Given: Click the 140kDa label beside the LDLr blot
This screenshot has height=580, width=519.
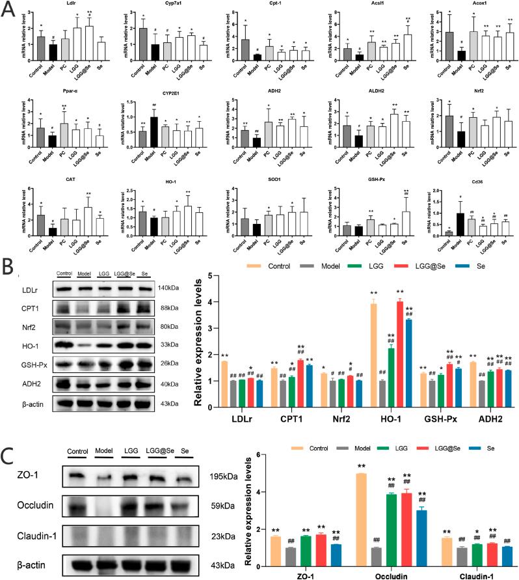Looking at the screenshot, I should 168,269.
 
